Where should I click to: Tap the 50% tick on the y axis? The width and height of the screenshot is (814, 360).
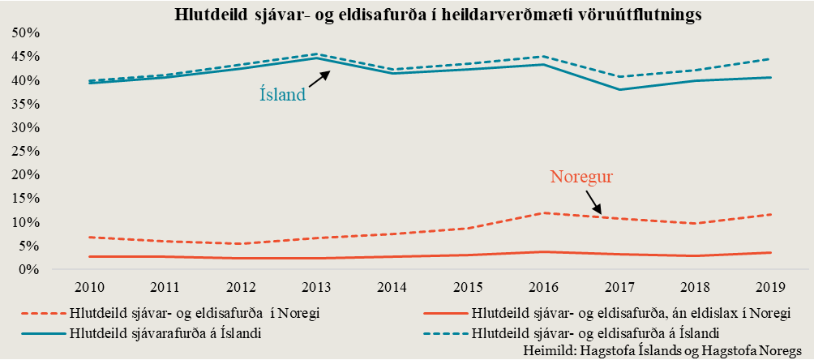[x=25, y=33]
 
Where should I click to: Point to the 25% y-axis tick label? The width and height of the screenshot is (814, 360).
[x=25, y=152]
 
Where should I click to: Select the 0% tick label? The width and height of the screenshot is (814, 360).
[x=29, y=269]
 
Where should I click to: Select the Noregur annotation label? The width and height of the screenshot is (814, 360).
[x=581, y=175]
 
